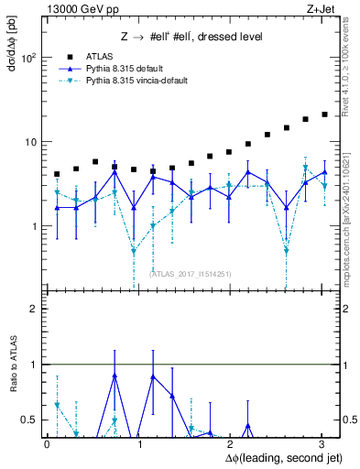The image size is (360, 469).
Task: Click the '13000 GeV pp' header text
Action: tap(78, 8)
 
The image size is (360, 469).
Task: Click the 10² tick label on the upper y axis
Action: tap(29, 58)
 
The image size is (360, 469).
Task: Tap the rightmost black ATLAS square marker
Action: tap(324, 115)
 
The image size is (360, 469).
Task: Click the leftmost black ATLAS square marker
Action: tap(57, 174)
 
